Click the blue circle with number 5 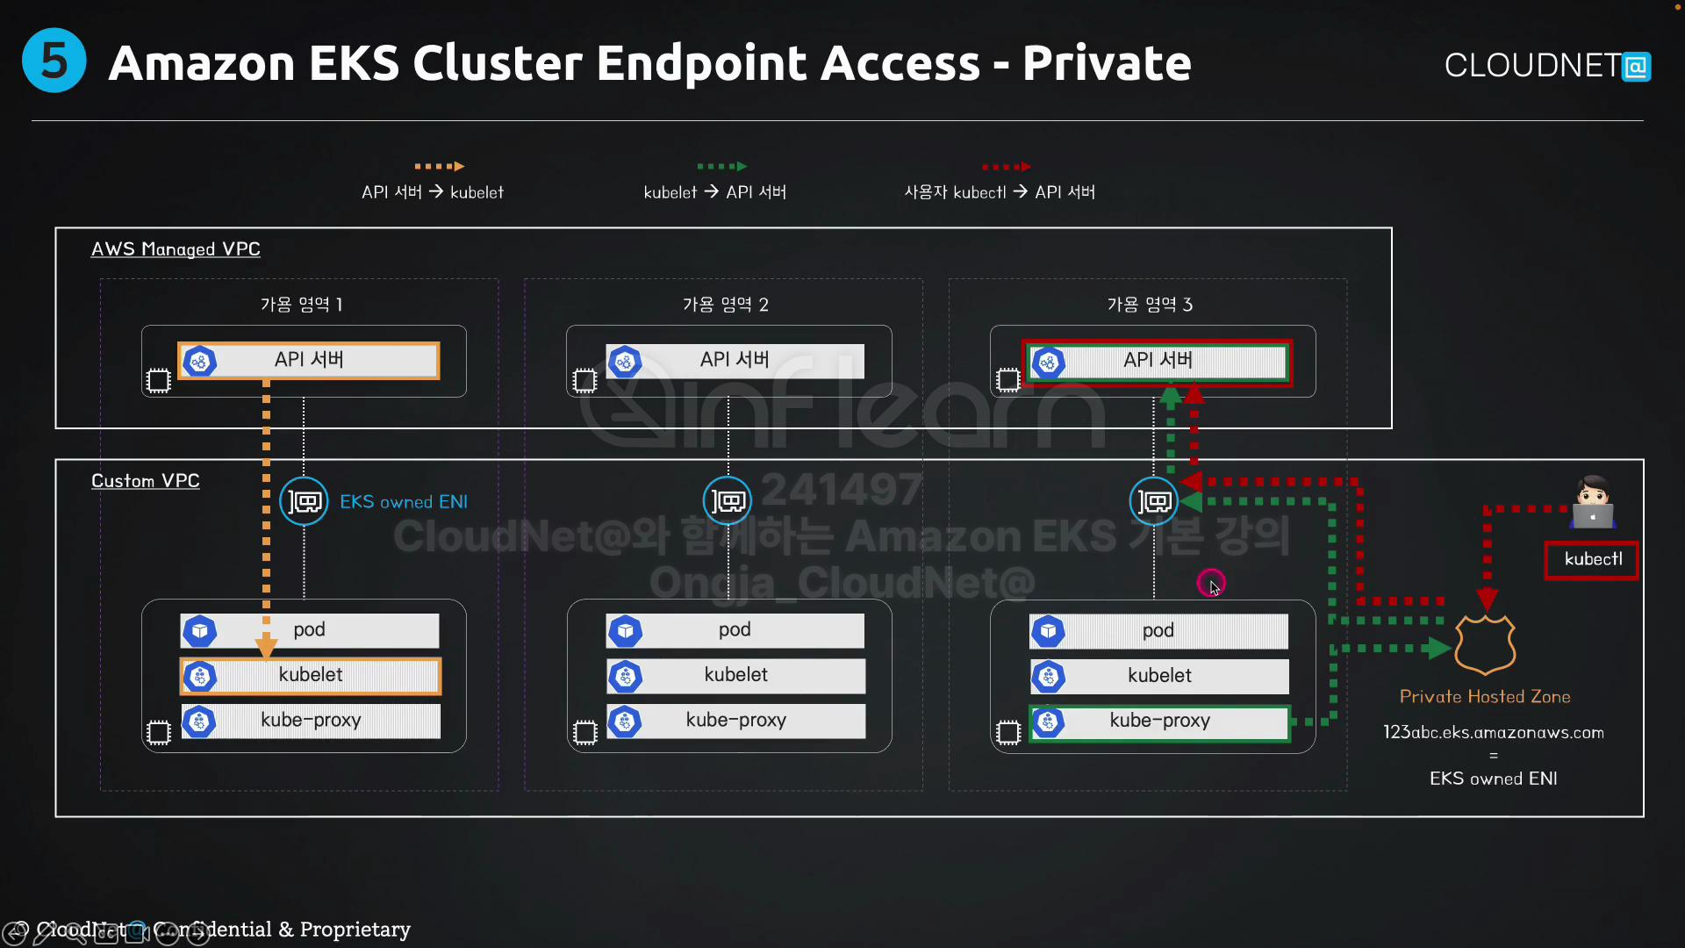point(54,61)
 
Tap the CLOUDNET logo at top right point(1547,66)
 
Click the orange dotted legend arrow point(439,166)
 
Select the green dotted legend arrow point(721,166)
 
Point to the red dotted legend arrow point(1006,166)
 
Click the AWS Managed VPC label point(176,249)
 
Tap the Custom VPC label point(146,481)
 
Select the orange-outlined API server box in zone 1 point(308,361)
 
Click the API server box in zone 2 point(735,361)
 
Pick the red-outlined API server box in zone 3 point(1157,362)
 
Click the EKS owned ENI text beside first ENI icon point(404,502)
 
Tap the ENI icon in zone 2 point(728,501)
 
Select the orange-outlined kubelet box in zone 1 point(311,676)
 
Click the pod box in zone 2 point(735,630)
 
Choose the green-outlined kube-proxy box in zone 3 point(1159,722)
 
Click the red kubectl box point(1592,560)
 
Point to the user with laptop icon point(1592,502)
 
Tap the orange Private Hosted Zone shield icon point(1485,644)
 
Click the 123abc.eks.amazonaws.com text point(1493,733)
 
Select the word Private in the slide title point(1107,63)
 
